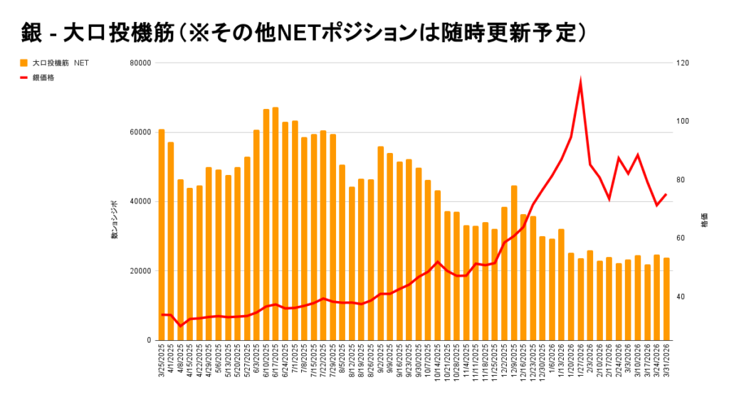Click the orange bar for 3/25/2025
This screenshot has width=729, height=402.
pos(162,235)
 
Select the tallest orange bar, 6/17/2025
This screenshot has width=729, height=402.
pos(276,223)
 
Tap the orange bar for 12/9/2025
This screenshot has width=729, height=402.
pos(514,263)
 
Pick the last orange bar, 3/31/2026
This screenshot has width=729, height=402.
pos(666,299)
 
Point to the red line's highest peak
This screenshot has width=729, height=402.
pos(581,83)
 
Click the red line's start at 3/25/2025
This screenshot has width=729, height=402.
pos(162,314)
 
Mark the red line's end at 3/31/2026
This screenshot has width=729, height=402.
pos(666,194)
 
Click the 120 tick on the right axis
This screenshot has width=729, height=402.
pos(683,63)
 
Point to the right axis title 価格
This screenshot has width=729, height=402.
pos(704,220)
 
